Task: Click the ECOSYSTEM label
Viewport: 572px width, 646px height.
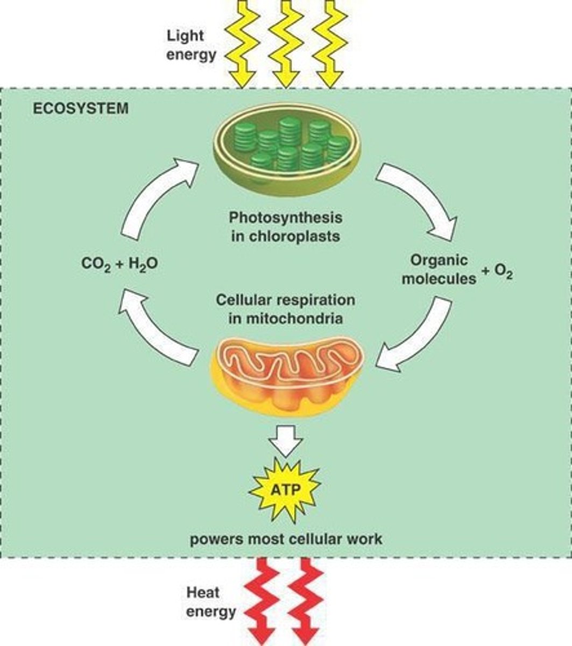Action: click(81, 108)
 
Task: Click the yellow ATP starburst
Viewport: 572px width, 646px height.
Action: click(286, 489)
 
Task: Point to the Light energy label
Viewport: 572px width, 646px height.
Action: click(184, 45)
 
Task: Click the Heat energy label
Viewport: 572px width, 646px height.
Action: click(210, 602)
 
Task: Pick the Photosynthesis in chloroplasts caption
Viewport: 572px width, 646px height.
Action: click(285, 227)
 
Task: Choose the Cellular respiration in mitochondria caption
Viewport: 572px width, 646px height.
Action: click(285, 308)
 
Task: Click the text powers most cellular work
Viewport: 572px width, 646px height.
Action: click(285, 538)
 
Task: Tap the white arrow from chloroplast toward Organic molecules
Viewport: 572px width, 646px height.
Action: click(420, 199)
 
